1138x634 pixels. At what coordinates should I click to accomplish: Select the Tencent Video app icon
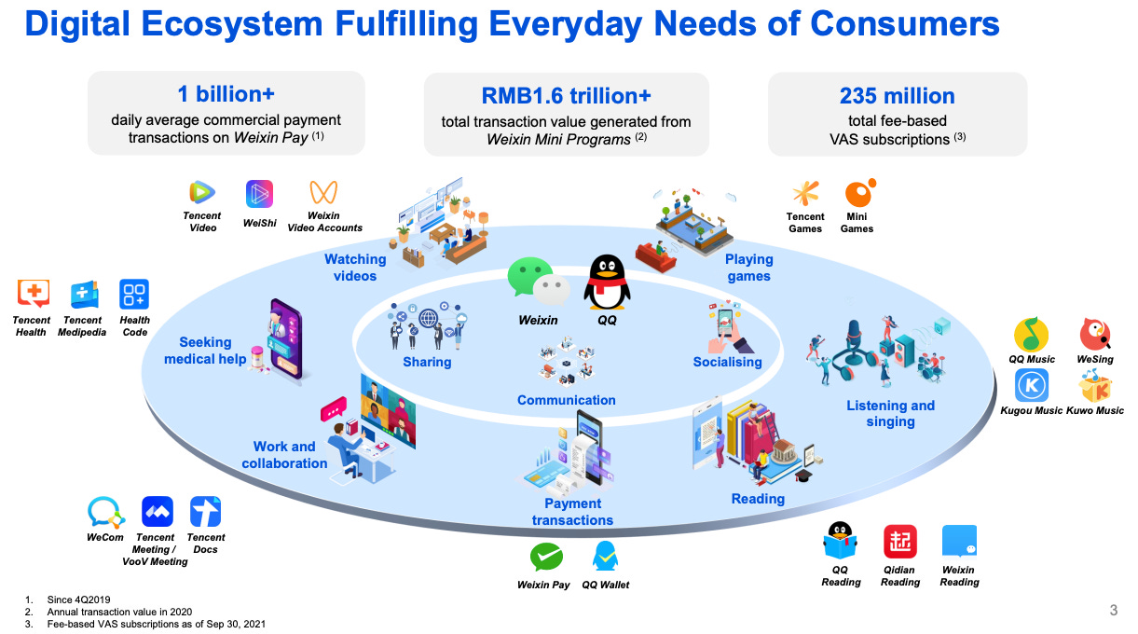(x=201, y=193)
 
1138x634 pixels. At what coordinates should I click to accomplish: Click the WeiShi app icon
(x=259, y=194)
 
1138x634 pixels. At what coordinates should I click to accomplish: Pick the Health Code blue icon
(x=134, y=295)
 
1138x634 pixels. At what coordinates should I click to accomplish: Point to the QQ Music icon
(x=1031, y=335)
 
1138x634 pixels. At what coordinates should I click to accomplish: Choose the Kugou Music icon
(x=1031, y=385)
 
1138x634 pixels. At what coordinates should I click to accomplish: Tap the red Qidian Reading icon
(x=899, y=542)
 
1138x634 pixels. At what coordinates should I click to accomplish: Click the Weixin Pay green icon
(x=545, y=558)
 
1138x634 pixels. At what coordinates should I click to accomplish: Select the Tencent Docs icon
(x=205, y=512)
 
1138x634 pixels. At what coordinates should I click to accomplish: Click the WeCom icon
(x=104, y=512)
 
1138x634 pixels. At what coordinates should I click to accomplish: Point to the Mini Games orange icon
(x=857, y=193)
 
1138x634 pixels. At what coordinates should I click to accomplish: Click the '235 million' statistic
(x=897, y=96)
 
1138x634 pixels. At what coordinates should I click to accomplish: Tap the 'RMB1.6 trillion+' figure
(x=566, y=96)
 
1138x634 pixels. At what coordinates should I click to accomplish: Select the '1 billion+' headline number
(x=226, y=94)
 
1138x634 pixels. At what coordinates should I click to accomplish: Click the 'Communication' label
(x=567, y=400)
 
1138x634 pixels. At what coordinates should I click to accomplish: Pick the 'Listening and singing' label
(x=890, y=413)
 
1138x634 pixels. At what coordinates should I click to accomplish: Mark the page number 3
(x=1113, y=611)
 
